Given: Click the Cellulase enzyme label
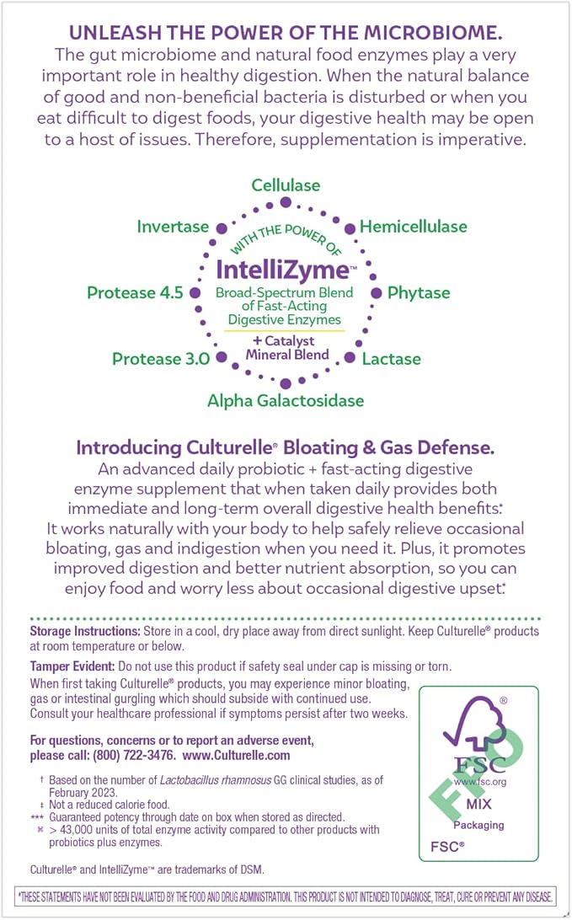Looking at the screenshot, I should [x=286, y=185].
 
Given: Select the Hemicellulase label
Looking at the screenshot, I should [x=413, y=227].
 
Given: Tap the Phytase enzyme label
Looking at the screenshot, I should [x=419, y=293].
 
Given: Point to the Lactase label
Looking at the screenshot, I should [x=391, y=359].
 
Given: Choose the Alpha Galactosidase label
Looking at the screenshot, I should [x=286, y=400].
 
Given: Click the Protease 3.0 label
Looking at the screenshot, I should [x=161, y=359].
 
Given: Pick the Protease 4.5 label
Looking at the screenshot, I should [x=135, y=293].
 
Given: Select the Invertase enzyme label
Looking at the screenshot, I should [x=173, y=227].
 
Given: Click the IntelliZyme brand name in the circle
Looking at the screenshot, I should [x=270, y=270].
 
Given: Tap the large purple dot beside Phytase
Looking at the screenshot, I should [x=377, y=292].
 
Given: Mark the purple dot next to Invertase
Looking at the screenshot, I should [x=222, y=227].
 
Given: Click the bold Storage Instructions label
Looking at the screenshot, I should [x=79, y=631].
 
